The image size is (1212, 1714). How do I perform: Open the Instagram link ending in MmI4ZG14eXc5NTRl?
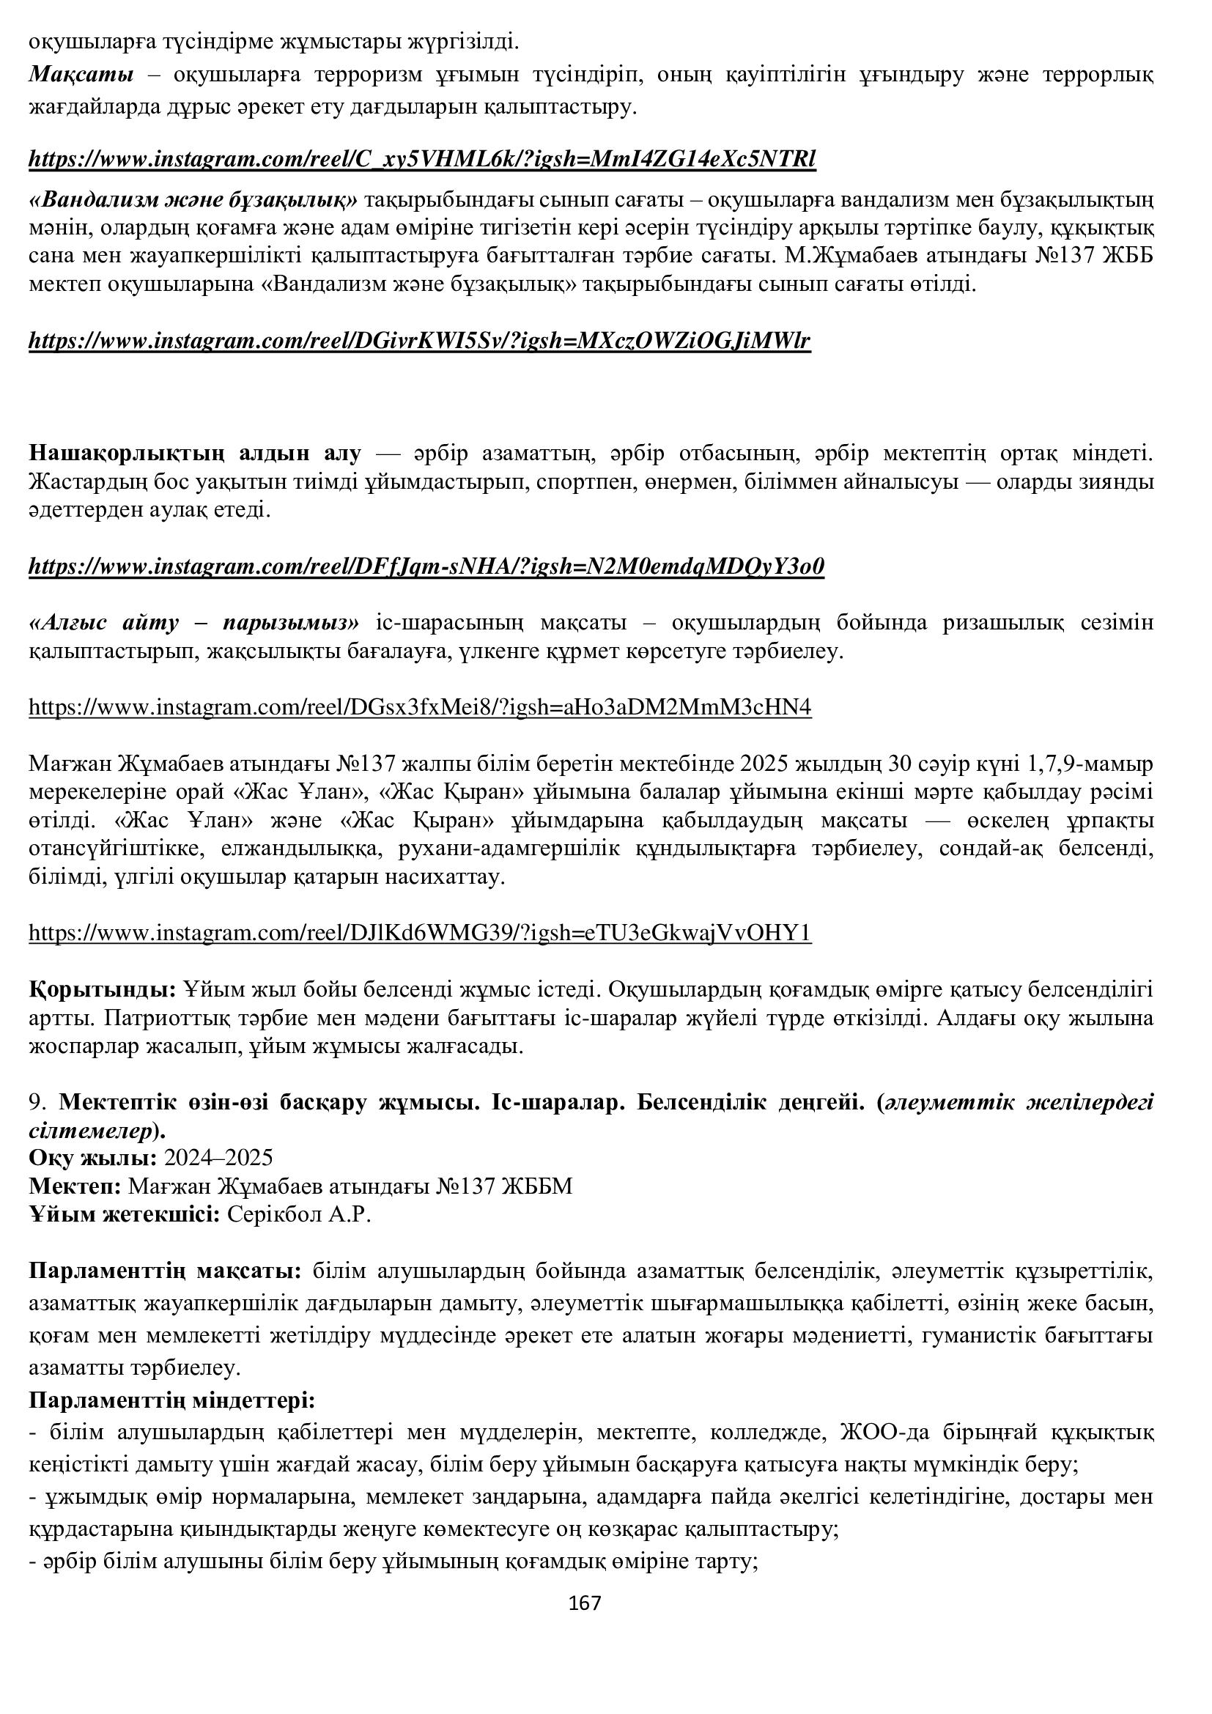click(422, 159)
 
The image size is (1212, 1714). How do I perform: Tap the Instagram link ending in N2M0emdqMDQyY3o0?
click(426, 566)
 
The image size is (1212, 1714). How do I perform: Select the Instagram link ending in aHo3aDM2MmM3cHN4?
click(419, 706)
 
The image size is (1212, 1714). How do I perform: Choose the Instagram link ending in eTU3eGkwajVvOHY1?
click(419, 932)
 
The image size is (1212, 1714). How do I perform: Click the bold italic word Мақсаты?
click(81, 75)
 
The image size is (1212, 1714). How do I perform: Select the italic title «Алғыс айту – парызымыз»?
click(195, 622)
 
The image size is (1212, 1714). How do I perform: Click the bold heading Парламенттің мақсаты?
click(165, 1271)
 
